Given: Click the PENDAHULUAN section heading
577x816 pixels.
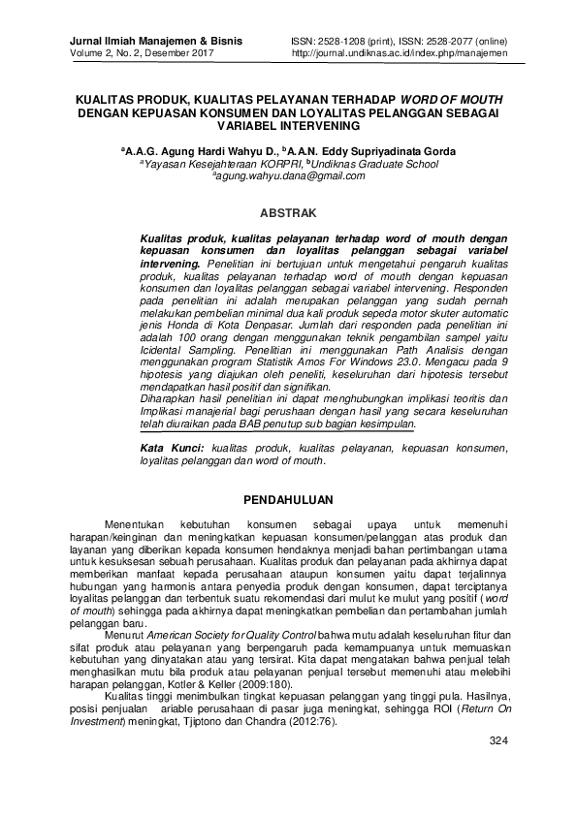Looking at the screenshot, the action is point(288,500).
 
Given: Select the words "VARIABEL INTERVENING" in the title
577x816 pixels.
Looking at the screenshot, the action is point(288,126).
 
